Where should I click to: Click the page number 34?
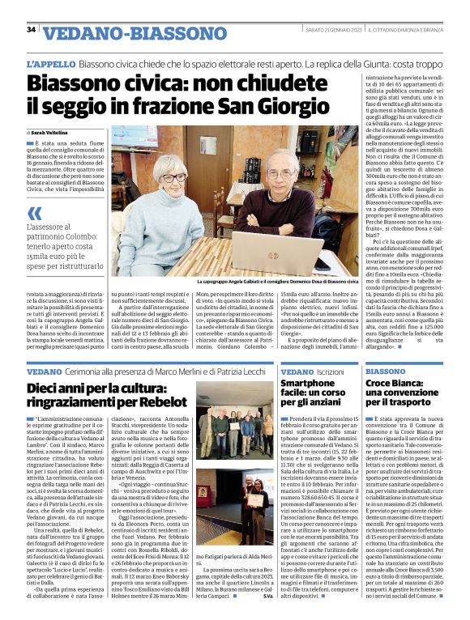(x=31, y=30)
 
